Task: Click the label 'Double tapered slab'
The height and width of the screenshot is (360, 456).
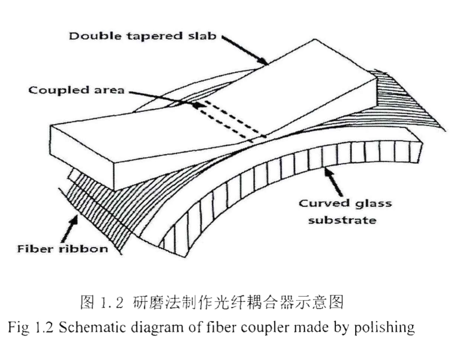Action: (142, 37)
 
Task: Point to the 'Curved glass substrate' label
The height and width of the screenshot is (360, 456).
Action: (345, 211)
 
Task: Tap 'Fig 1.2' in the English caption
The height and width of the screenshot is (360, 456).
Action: (29, 328)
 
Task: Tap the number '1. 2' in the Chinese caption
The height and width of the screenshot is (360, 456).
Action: (111, 302)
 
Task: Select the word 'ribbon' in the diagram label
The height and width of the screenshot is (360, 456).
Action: (85, 248)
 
